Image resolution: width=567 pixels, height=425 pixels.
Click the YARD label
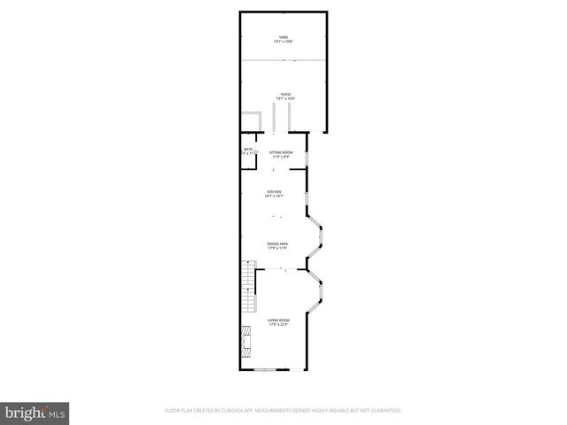(x=284, y=36)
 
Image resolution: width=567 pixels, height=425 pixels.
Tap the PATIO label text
(x=284, y=93)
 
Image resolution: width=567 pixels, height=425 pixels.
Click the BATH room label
(x=248, y=150)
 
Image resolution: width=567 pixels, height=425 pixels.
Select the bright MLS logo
(x=36, y=412)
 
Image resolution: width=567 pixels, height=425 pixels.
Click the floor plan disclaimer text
(x=283, y=411)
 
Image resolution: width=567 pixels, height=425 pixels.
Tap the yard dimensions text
(x=284, y=42)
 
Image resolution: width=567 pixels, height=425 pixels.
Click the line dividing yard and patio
(x=284, y=60)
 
